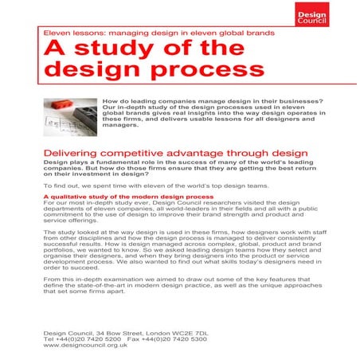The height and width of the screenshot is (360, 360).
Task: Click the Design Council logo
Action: [x=328, y=18]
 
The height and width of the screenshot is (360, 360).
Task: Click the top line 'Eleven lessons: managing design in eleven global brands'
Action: [x=158, y=33]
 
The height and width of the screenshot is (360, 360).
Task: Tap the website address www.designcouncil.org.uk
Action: [x=86, y=345]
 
